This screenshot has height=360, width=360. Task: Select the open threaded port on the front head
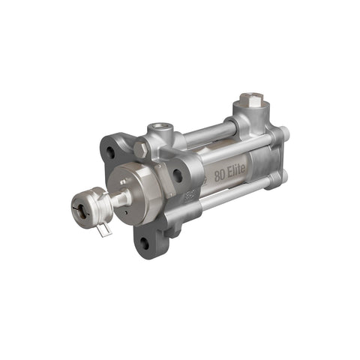coord(160,129)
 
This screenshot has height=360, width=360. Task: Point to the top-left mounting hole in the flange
coord(110,152)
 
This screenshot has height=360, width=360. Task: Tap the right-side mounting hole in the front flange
coord(177,175)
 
